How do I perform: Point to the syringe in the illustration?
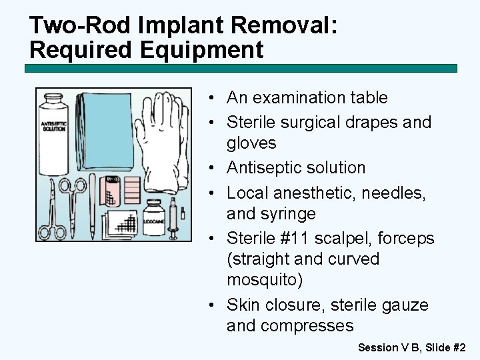click(x=174, y=220)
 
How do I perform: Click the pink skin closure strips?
click(x=131, y=191)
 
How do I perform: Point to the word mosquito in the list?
click(x=265, y=280)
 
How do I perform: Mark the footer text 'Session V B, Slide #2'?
click(x=411, y=347)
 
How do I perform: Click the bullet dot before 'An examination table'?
click(x=210, y=98)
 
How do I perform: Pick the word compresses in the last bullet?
click(x=308, y=326)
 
